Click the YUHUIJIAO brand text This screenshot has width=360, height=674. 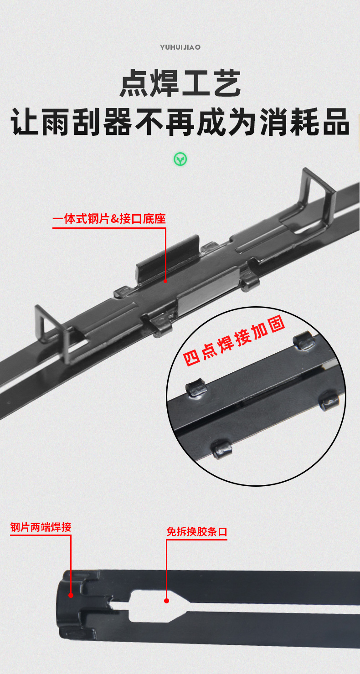[x=180, y=47]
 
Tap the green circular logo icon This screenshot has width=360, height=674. [x=180, y=159]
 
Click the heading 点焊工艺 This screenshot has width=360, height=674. [x=180, y=83]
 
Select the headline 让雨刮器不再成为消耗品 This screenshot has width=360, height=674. [x=180, y=122]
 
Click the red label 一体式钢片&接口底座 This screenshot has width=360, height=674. [x=109, y=219]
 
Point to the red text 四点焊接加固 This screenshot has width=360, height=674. [x=234, y=341]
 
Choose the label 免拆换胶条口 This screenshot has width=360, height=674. [x=196, y=532]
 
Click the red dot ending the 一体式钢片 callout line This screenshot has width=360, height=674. [x=165, y=281]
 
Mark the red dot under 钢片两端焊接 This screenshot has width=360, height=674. [x=71, y=595]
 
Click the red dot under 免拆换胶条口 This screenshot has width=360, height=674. [x=166, y=601]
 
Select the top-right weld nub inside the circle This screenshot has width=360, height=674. [x=303, y=340]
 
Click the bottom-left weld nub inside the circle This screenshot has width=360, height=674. [x=222, y=449]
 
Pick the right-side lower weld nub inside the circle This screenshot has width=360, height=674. [x=329, y=401]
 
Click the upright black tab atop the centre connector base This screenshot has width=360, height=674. [x=168, y=258]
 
